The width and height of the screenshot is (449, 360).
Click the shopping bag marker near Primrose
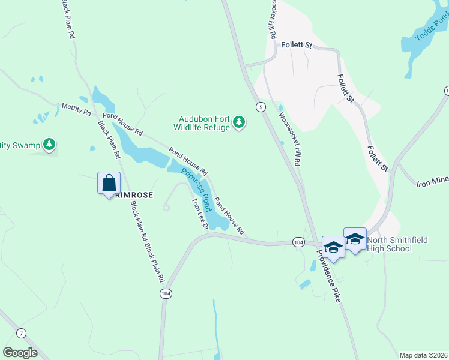109,183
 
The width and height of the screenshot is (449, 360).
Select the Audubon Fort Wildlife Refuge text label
202,123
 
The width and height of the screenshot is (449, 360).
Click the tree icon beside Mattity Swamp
50,145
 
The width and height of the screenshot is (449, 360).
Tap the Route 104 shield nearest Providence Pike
298,242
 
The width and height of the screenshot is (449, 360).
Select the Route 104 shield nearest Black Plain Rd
165,293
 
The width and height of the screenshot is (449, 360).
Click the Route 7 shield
22,333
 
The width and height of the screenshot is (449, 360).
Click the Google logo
20,352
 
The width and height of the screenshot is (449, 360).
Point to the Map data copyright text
423,355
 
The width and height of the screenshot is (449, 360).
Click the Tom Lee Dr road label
199,214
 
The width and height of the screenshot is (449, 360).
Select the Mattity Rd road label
76,109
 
